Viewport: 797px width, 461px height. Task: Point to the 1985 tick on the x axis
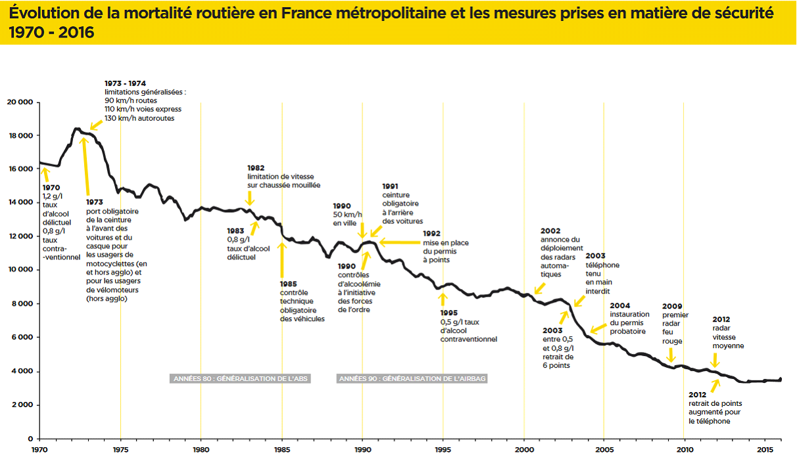click(282, 450)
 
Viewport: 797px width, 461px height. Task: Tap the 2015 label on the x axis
click(765, 450)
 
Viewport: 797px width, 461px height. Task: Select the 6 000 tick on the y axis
click(21, 338)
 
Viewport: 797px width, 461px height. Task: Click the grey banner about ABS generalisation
click(240, 379)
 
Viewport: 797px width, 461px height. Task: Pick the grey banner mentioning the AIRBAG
click(412, 379)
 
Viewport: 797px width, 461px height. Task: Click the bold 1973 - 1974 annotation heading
click(125, 83)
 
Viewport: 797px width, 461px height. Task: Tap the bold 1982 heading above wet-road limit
click(256, 168)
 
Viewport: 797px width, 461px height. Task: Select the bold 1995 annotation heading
click(450, 314)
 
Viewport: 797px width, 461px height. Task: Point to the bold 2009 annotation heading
click(671, 307)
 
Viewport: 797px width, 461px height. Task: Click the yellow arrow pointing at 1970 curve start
click(45, 173)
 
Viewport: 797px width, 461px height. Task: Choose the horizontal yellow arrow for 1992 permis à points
click(400, 242)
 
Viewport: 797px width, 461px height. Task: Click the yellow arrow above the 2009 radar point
click(671, 355)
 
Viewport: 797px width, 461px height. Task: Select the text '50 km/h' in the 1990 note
click(347, 215)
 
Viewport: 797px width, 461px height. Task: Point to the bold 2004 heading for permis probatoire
click(619, 305)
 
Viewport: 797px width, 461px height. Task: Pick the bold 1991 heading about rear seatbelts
click(391, 187)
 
